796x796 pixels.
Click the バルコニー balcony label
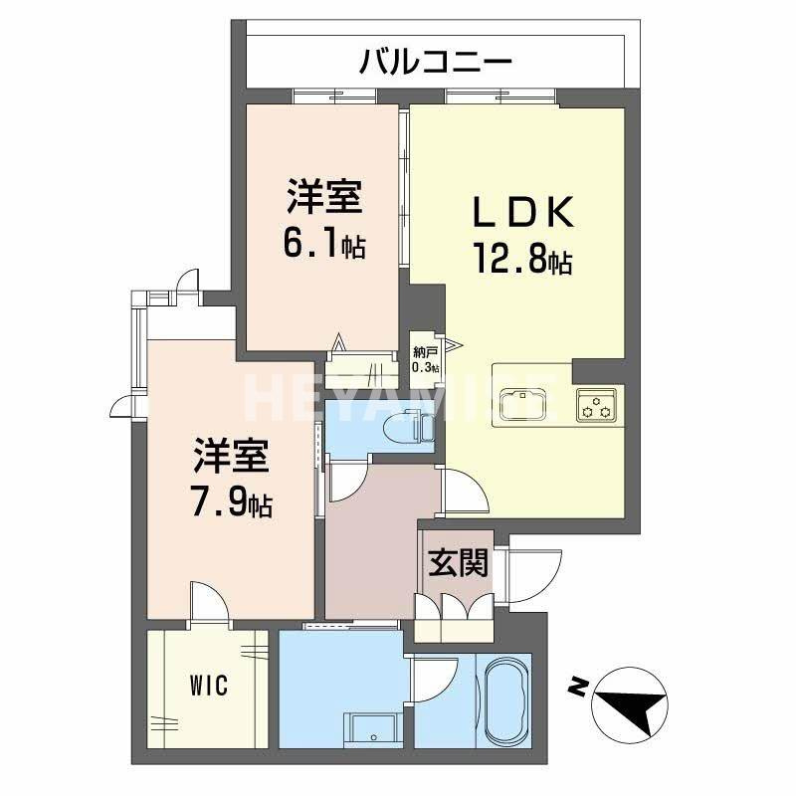pos(436,63)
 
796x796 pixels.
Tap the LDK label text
pos(522,212)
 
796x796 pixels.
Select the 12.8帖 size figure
pos(521,261)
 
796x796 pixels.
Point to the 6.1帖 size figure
pos(324,244)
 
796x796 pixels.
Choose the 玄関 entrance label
pos(458,564)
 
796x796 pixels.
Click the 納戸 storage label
pos(425,352)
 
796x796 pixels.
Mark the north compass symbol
pos(628,702)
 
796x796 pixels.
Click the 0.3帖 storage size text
pos(425,368)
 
